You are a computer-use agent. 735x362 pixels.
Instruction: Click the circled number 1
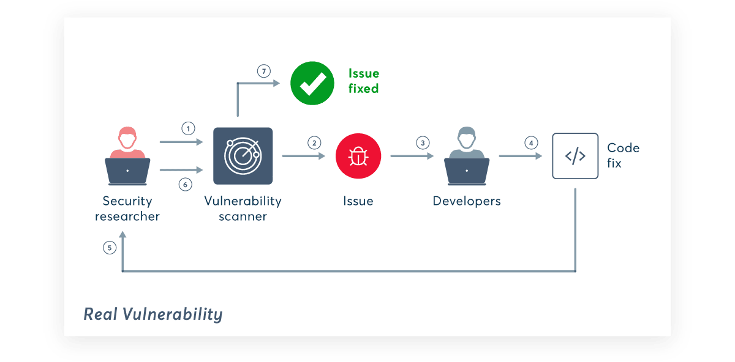(x=188, y=128)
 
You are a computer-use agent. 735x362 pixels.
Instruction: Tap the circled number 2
(x=314, y=143)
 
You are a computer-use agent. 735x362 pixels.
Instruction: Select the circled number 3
(x=422, y=143)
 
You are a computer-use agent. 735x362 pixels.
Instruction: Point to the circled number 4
(x=530, y=143)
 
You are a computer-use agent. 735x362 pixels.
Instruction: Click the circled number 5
(x=110, y=248)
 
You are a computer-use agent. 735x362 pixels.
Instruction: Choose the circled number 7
(x=263, y=71)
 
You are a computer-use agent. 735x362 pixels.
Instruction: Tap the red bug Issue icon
(x=358, y=156)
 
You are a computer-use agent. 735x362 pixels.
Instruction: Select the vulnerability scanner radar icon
(x=243, y=156)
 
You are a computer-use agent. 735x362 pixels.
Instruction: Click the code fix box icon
(x=575, y=156)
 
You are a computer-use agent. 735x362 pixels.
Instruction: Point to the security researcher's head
(x=127, y=138)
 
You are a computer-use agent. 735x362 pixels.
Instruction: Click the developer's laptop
(x=467, y=171)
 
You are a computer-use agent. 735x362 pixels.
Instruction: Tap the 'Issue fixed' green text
(x=364, y=81)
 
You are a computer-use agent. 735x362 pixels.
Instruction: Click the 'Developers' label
(x=467, y=201)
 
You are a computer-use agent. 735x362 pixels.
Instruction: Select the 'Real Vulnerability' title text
(x=153, y=314)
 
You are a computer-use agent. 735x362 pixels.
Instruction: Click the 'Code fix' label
(x=623, y=155)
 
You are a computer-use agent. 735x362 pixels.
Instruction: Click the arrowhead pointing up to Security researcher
(x=123, y=236)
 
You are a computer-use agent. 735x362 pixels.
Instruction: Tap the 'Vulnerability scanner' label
(x=243, y=209)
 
